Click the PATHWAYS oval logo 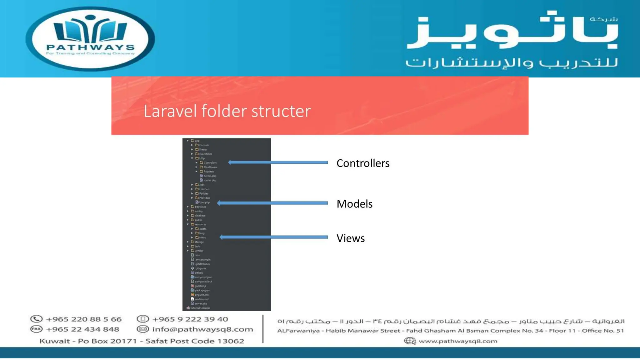tap(90, 39)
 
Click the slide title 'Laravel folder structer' tap(227, 111)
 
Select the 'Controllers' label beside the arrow tap(363, 163)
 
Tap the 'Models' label tap(354, 204)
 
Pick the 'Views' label tap(350, 238)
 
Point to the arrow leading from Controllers tap(278, 162)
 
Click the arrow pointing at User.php tap(272, 203)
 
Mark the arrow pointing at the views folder tap(273, 237)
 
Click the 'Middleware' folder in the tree tap(210, 167)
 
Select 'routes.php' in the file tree tap(210, 180)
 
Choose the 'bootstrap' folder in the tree tap(200, 207)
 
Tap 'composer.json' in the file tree tap(203, 277)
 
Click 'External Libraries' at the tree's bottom tap(200, 308)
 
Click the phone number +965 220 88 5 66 tap(83, 319)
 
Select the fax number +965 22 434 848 tap(82, 329)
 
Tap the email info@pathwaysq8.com tap(202, 329)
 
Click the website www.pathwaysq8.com tap(458, 341)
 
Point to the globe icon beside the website tap(410, 341)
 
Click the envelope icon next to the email tap(142, 329)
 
